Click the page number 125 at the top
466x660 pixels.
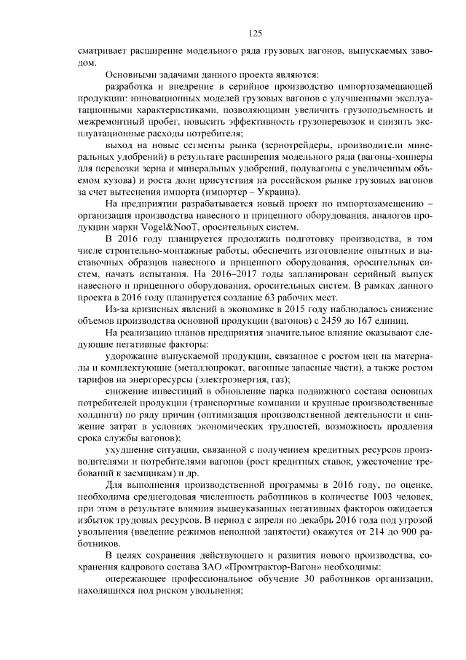coord(255,34)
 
